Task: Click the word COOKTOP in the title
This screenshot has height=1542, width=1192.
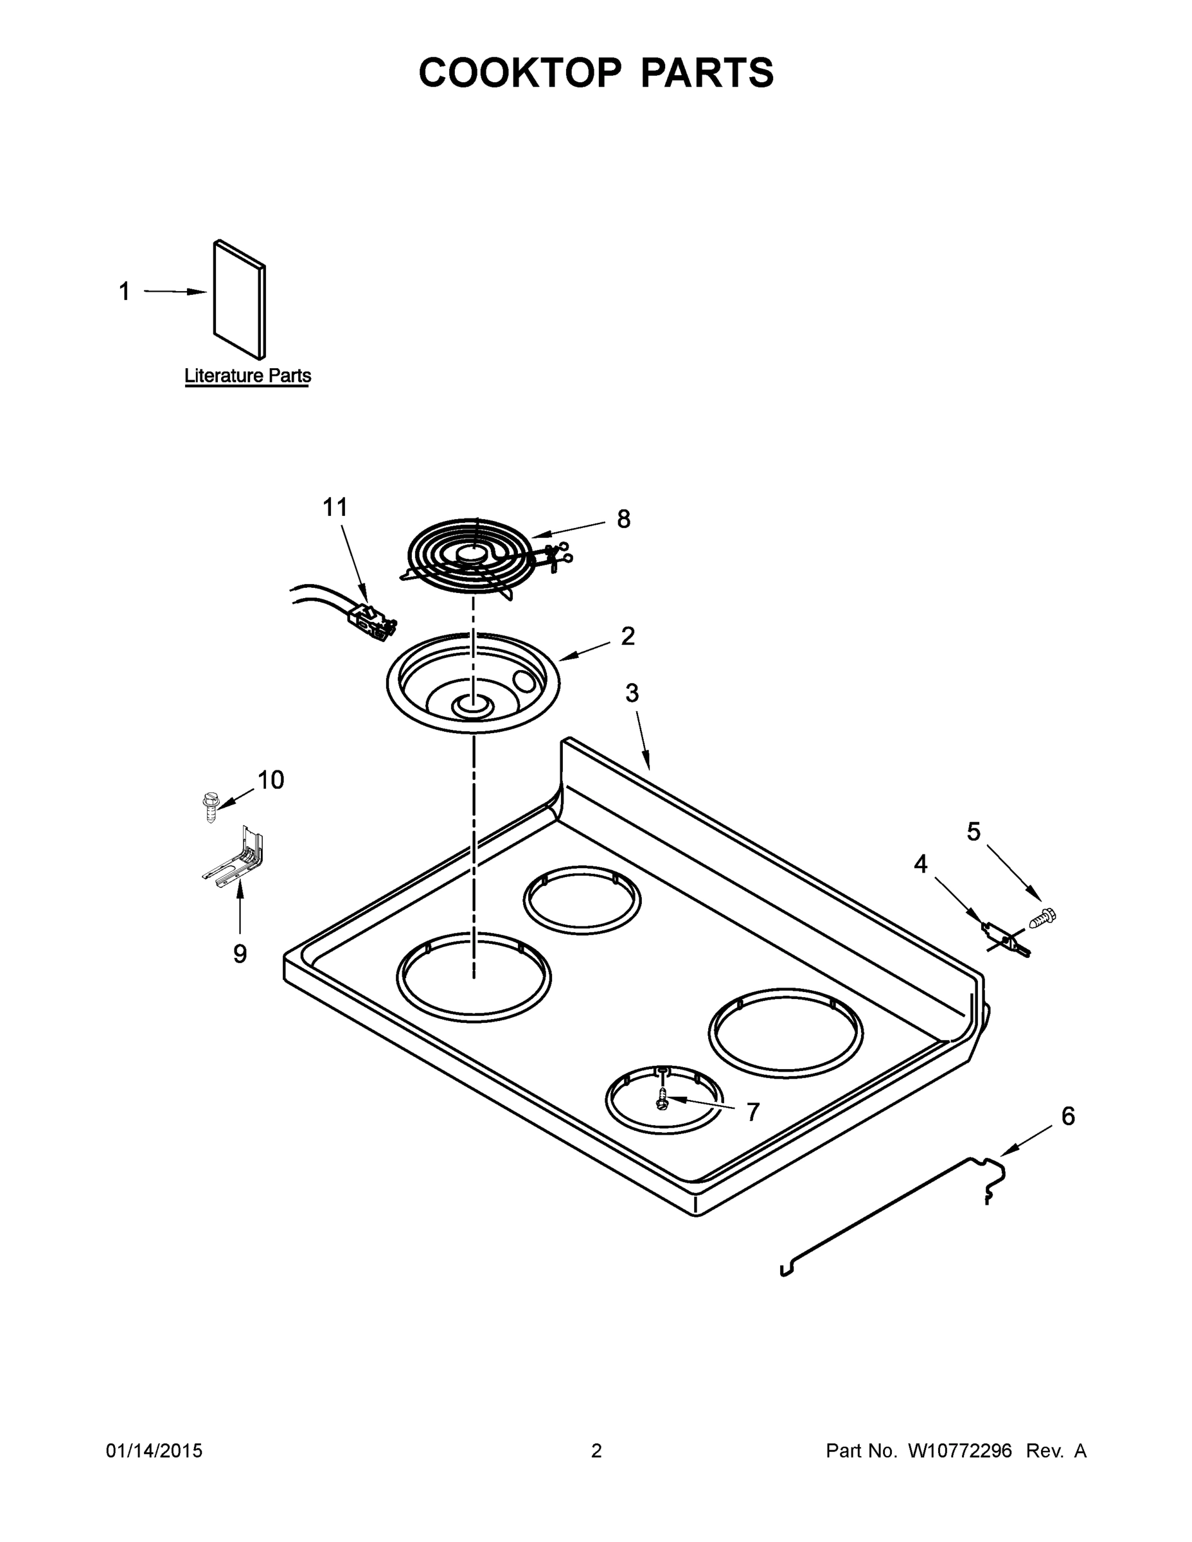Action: click(x=520, y=73)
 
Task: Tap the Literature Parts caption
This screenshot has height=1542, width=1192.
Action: click(x=247, y=376)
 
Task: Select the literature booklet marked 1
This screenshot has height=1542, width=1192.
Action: click(x=240, y=300)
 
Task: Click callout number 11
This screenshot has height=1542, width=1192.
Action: click(x=335, y=507)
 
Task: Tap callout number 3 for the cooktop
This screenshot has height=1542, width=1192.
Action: click(x=632, y=693)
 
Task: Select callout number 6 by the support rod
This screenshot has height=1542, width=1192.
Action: click(x=1068, y=1116)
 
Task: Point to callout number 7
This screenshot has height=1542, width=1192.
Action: click(x=752, y=1112)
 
